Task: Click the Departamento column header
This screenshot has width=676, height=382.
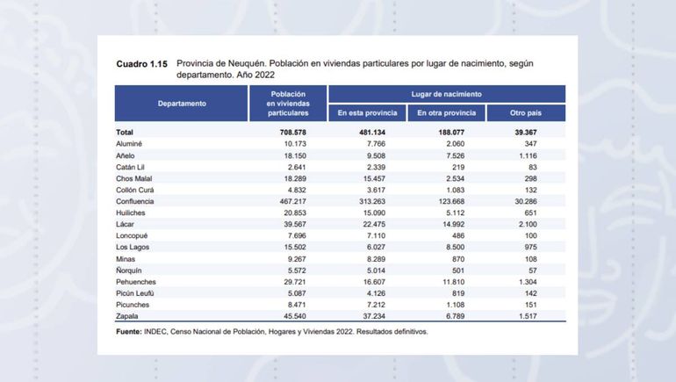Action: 182,104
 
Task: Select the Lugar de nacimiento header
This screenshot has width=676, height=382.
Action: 446,93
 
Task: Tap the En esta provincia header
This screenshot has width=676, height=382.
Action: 367,113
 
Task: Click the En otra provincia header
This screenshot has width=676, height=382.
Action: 446,113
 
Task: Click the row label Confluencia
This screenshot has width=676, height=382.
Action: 135,200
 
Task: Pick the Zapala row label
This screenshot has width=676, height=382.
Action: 127,315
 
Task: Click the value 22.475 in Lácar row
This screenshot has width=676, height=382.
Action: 370,224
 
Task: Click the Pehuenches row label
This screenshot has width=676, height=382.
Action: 137,281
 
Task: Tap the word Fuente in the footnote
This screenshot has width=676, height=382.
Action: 130,332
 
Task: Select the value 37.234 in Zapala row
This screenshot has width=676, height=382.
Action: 370,315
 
